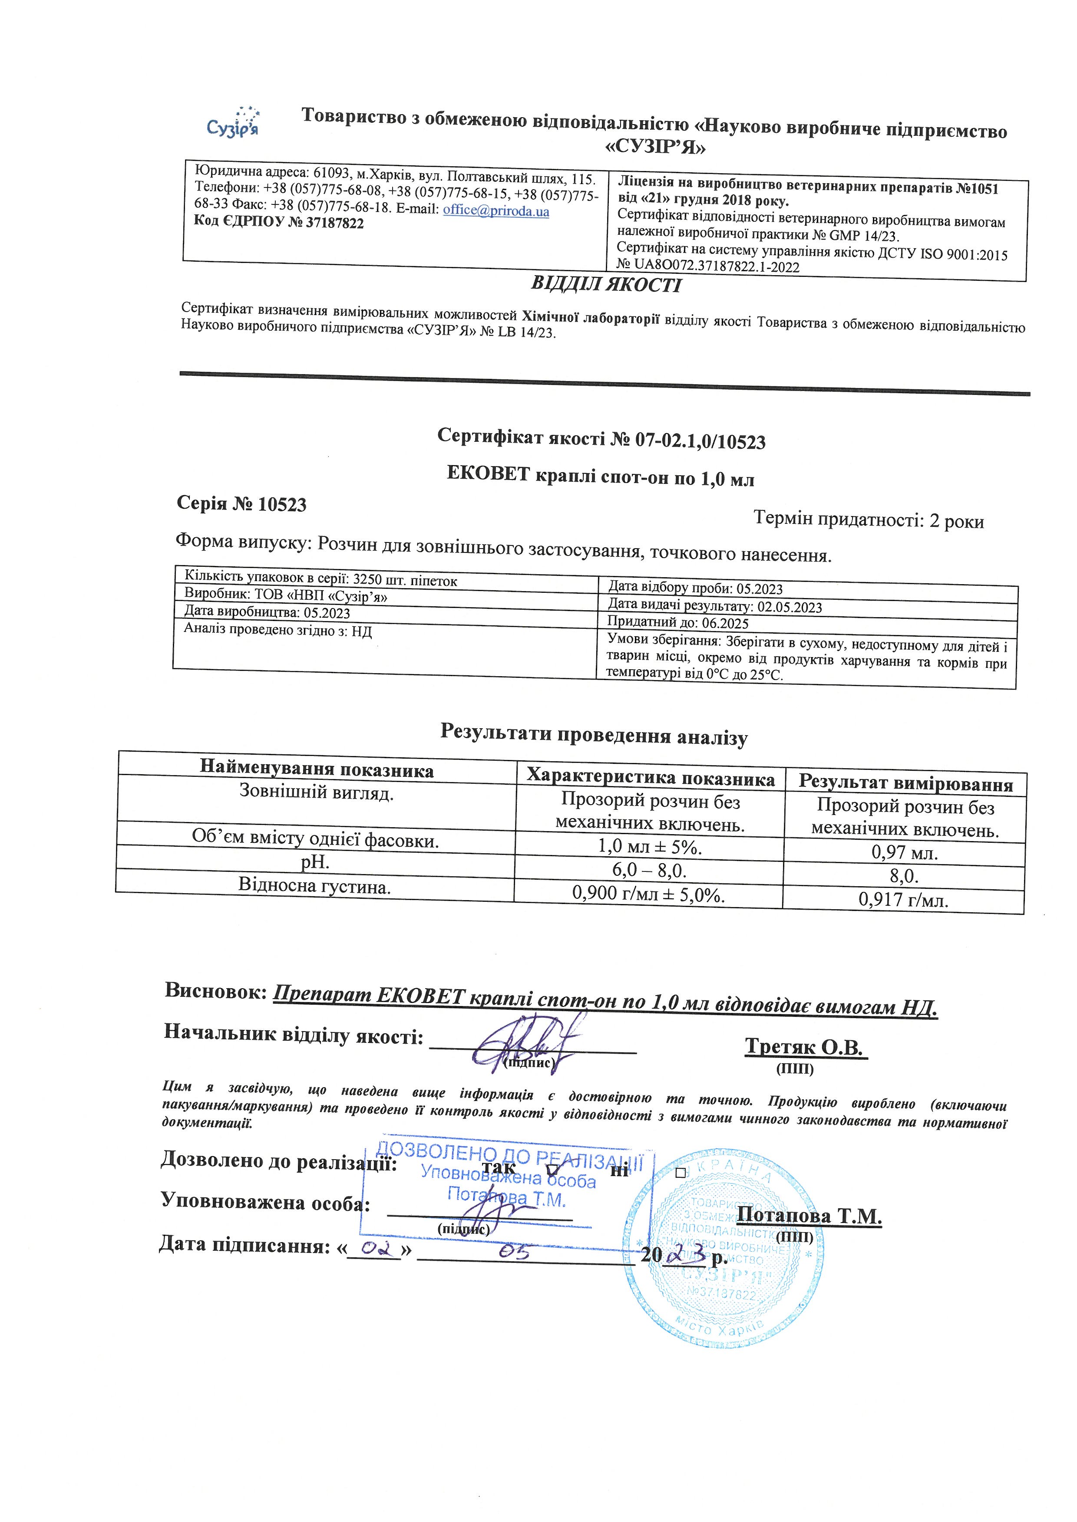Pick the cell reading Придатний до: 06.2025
click(678, 622)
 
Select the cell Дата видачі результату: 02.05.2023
click(715, 606)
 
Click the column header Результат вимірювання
click(905, 783)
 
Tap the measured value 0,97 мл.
click(904, 853)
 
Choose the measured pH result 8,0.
click(904, 876)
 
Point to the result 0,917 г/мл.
click(903, 900)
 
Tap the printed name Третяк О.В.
click(805, 1047)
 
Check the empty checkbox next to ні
click(680, 1173)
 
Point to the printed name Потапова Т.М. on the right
click(809, 1216)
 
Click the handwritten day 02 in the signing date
click(375, 1249)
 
